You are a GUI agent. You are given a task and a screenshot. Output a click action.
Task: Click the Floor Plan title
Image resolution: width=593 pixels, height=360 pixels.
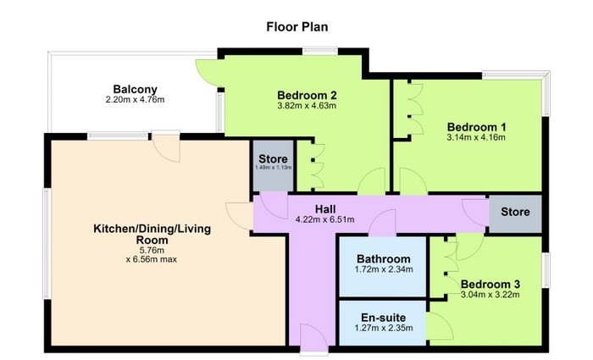coord(296,27)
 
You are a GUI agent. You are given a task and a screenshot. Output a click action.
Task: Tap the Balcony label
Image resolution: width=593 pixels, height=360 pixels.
coord(135,89)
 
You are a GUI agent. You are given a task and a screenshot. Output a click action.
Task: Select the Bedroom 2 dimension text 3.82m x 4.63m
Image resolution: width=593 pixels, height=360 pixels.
coord(307,106)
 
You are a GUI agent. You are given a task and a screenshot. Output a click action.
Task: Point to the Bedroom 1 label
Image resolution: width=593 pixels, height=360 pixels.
coord(476,127)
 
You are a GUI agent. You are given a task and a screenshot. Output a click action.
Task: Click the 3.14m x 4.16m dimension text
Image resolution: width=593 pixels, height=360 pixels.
coord(476,137)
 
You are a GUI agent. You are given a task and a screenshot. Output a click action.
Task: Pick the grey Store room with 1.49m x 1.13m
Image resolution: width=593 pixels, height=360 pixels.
coord(273,166)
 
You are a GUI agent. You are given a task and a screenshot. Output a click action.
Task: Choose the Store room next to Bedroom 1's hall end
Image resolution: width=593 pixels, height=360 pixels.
coord(515,213)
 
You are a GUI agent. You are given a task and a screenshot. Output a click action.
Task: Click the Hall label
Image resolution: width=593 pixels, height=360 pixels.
coord(325,208)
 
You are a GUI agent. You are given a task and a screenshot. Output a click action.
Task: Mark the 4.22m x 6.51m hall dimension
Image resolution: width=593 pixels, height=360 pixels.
coord(325,219)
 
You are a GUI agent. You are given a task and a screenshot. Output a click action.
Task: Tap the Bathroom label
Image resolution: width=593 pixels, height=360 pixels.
coord(384,259)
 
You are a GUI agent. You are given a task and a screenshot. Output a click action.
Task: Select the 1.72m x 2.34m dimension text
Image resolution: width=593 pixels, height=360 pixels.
coord(384,269)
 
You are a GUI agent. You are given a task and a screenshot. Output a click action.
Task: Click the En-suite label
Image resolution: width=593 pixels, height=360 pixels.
coord(384,318)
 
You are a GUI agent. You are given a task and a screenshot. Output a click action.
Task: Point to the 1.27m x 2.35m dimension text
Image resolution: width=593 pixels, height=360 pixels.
coord(384,328)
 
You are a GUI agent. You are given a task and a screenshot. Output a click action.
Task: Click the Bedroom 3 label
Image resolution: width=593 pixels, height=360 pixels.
coord(490,284)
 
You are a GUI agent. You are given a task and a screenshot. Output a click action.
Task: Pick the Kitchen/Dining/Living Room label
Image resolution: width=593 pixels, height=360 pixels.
coord(152,235)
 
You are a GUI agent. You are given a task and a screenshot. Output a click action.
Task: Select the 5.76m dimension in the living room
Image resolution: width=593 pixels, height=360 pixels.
coord(152,251)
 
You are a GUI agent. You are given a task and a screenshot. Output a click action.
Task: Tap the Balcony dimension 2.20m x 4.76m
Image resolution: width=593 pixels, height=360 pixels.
coord(135,100)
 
